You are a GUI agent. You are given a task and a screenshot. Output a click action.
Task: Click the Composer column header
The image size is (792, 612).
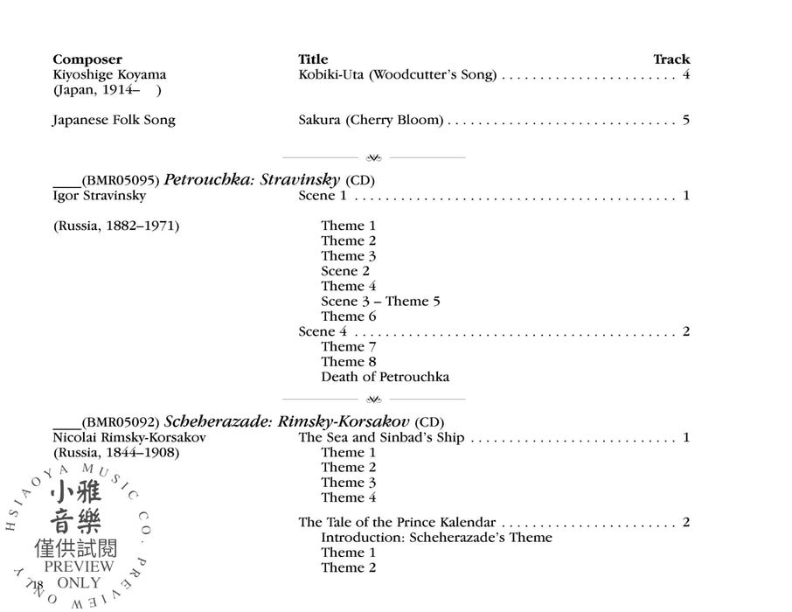pos(87,59)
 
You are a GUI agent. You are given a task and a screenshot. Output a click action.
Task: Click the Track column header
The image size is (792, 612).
pos(671,59)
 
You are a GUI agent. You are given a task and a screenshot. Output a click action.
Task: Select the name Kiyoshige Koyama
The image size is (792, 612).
pos(109,75)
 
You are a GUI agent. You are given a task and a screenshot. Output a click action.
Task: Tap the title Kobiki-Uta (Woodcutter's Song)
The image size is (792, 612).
pos(398,75)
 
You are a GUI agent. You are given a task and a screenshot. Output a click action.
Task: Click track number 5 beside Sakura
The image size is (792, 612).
pos(686,120)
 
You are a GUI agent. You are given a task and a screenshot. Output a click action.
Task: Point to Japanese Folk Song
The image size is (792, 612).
pos(114,120)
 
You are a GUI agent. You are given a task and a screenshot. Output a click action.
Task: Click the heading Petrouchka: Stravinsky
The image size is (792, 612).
pos(252,180)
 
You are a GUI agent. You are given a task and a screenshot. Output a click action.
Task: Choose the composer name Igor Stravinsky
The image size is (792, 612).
pos(100,196)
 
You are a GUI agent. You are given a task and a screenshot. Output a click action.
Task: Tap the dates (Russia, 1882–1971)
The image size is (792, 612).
pos(116,226)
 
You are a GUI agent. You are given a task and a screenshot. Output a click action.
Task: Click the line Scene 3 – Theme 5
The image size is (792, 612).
pos(380,302)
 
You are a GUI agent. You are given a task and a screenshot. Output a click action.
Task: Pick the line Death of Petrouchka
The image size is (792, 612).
pos(385,377)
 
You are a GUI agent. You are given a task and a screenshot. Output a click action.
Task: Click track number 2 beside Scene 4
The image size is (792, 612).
pos(686,331)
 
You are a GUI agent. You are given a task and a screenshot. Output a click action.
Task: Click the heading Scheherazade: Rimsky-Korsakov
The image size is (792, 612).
pos(288,422)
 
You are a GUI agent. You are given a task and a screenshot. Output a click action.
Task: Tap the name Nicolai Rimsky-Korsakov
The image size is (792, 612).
pos(129,437)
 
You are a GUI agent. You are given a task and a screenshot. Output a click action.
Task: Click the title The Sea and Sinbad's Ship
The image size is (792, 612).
pos(381,437)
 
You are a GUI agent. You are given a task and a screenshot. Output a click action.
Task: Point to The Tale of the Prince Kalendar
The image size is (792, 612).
pos(397,523)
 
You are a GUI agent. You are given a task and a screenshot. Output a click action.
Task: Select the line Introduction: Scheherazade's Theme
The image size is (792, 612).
pos(436,538)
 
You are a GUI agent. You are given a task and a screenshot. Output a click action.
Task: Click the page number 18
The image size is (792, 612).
pos(38,584)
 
